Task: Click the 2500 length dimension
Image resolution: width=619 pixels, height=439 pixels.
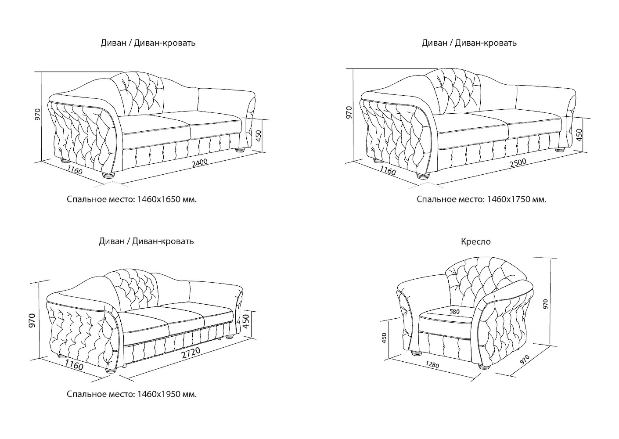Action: [518, 163]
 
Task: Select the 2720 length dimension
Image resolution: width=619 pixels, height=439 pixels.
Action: [191, 353]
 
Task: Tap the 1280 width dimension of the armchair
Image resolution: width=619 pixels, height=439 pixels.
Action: [432, 365]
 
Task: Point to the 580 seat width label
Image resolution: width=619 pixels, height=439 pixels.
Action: [454, 312]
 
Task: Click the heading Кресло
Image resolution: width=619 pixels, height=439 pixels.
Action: [475, 242]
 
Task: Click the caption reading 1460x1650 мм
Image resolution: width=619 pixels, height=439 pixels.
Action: [167, 199]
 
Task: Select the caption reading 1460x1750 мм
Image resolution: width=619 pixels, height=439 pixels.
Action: [517, 199]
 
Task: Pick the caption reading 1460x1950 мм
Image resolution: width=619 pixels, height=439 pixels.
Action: [167, 394]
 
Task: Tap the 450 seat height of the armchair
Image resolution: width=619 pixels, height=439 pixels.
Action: [384, 338]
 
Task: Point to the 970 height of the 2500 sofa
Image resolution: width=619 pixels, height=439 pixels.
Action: [349, 112]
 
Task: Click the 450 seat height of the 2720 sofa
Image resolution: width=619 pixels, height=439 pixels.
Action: [246, 321]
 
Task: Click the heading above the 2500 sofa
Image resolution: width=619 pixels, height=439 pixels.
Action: [469, 43]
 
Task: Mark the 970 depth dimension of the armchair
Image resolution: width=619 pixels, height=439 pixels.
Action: [525, 360]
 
